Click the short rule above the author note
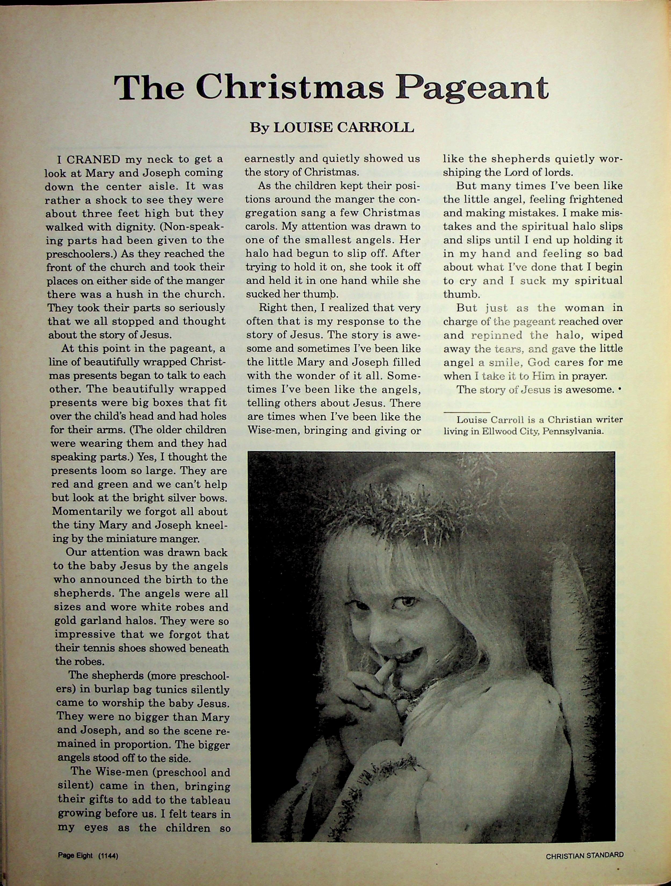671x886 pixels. pos(467,412)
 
